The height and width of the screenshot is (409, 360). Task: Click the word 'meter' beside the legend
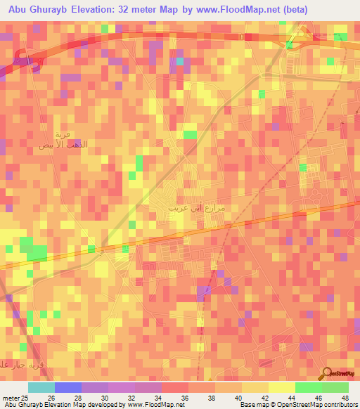click(9, 397)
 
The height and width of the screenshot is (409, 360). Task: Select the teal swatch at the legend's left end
click(41, 387)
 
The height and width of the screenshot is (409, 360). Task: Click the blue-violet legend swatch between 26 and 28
click(68, 387)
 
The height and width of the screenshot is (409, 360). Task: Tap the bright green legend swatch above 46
click(309, 387)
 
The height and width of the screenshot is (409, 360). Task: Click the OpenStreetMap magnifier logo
click(326, 373)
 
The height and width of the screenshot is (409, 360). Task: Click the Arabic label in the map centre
click(196, 209)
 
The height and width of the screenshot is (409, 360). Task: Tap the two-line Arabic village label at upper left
click(58, 139)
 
